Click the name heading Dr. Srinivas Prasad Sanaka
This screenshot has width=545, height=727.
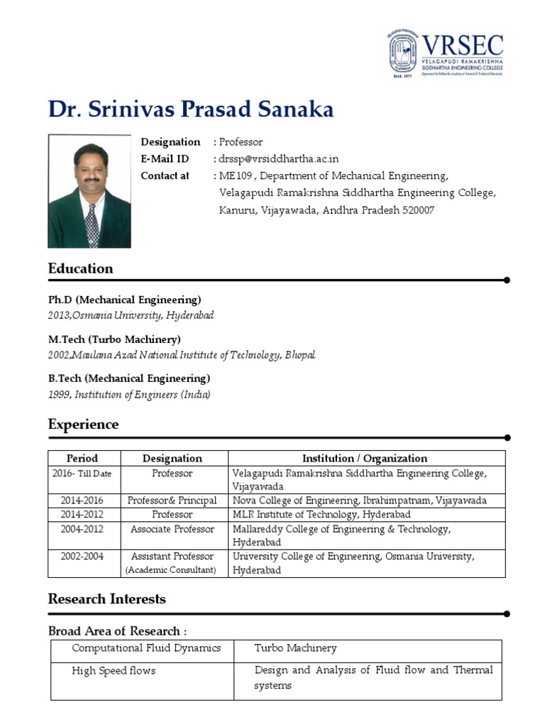click(190, 109)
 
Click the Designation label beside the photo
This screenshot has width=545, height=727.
click(170, 142)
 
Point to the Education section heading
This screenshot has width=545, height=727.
click(80, 268)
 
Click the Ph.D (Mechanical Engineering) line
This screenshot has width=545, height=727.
click(124, 300)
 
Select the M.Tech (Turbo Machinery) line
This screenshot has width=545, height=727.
click(114, 339)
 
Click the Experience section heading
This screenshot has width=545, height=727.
click(83, 425)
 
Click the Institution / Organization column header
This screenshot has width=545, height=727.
click(365, 459)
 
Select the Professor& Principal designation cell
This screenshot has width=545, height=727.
click(172, 501)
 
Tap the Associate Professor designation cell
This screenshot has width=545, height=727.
click(172, 529)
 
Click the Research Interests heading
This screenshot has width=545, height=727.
click(106, 599)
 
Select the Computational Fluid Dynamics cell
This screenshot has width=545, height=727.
click(146, 648)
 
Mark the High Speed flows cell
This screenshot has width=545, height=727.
click(114, 670)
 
